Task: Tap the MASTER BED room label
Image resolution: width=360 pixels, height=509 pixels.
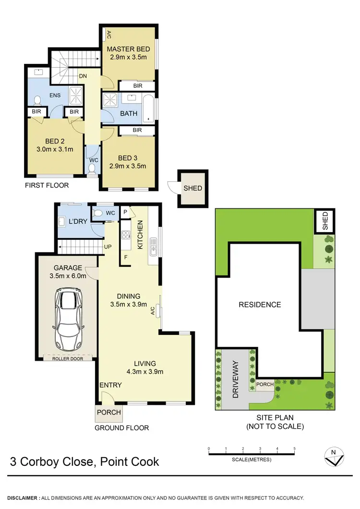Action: pos(128,49)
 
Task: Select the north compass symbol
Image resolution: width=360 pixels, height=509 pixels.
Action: pos(333,457)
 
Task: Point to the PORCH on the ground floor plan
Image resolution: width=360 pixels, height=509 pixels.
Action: pos(109,412)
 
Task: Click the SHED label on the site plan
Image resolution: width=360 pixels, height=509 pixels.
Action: pos(325,221)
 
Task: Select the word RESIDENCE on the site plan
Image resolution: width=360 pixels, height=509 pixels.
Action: pos(260,305)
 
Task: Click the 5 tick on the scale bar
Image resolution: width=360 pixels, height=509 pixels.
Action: pos(294,450)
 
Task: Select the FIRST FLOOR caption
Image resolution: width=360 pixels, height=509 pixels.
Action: pos(48,185)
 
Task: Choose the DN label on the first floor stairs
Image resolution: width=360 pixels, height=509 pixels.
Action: pos(83,76)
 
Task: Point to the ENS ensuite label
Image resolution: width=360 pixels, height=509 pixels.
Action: pos(55,95)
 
